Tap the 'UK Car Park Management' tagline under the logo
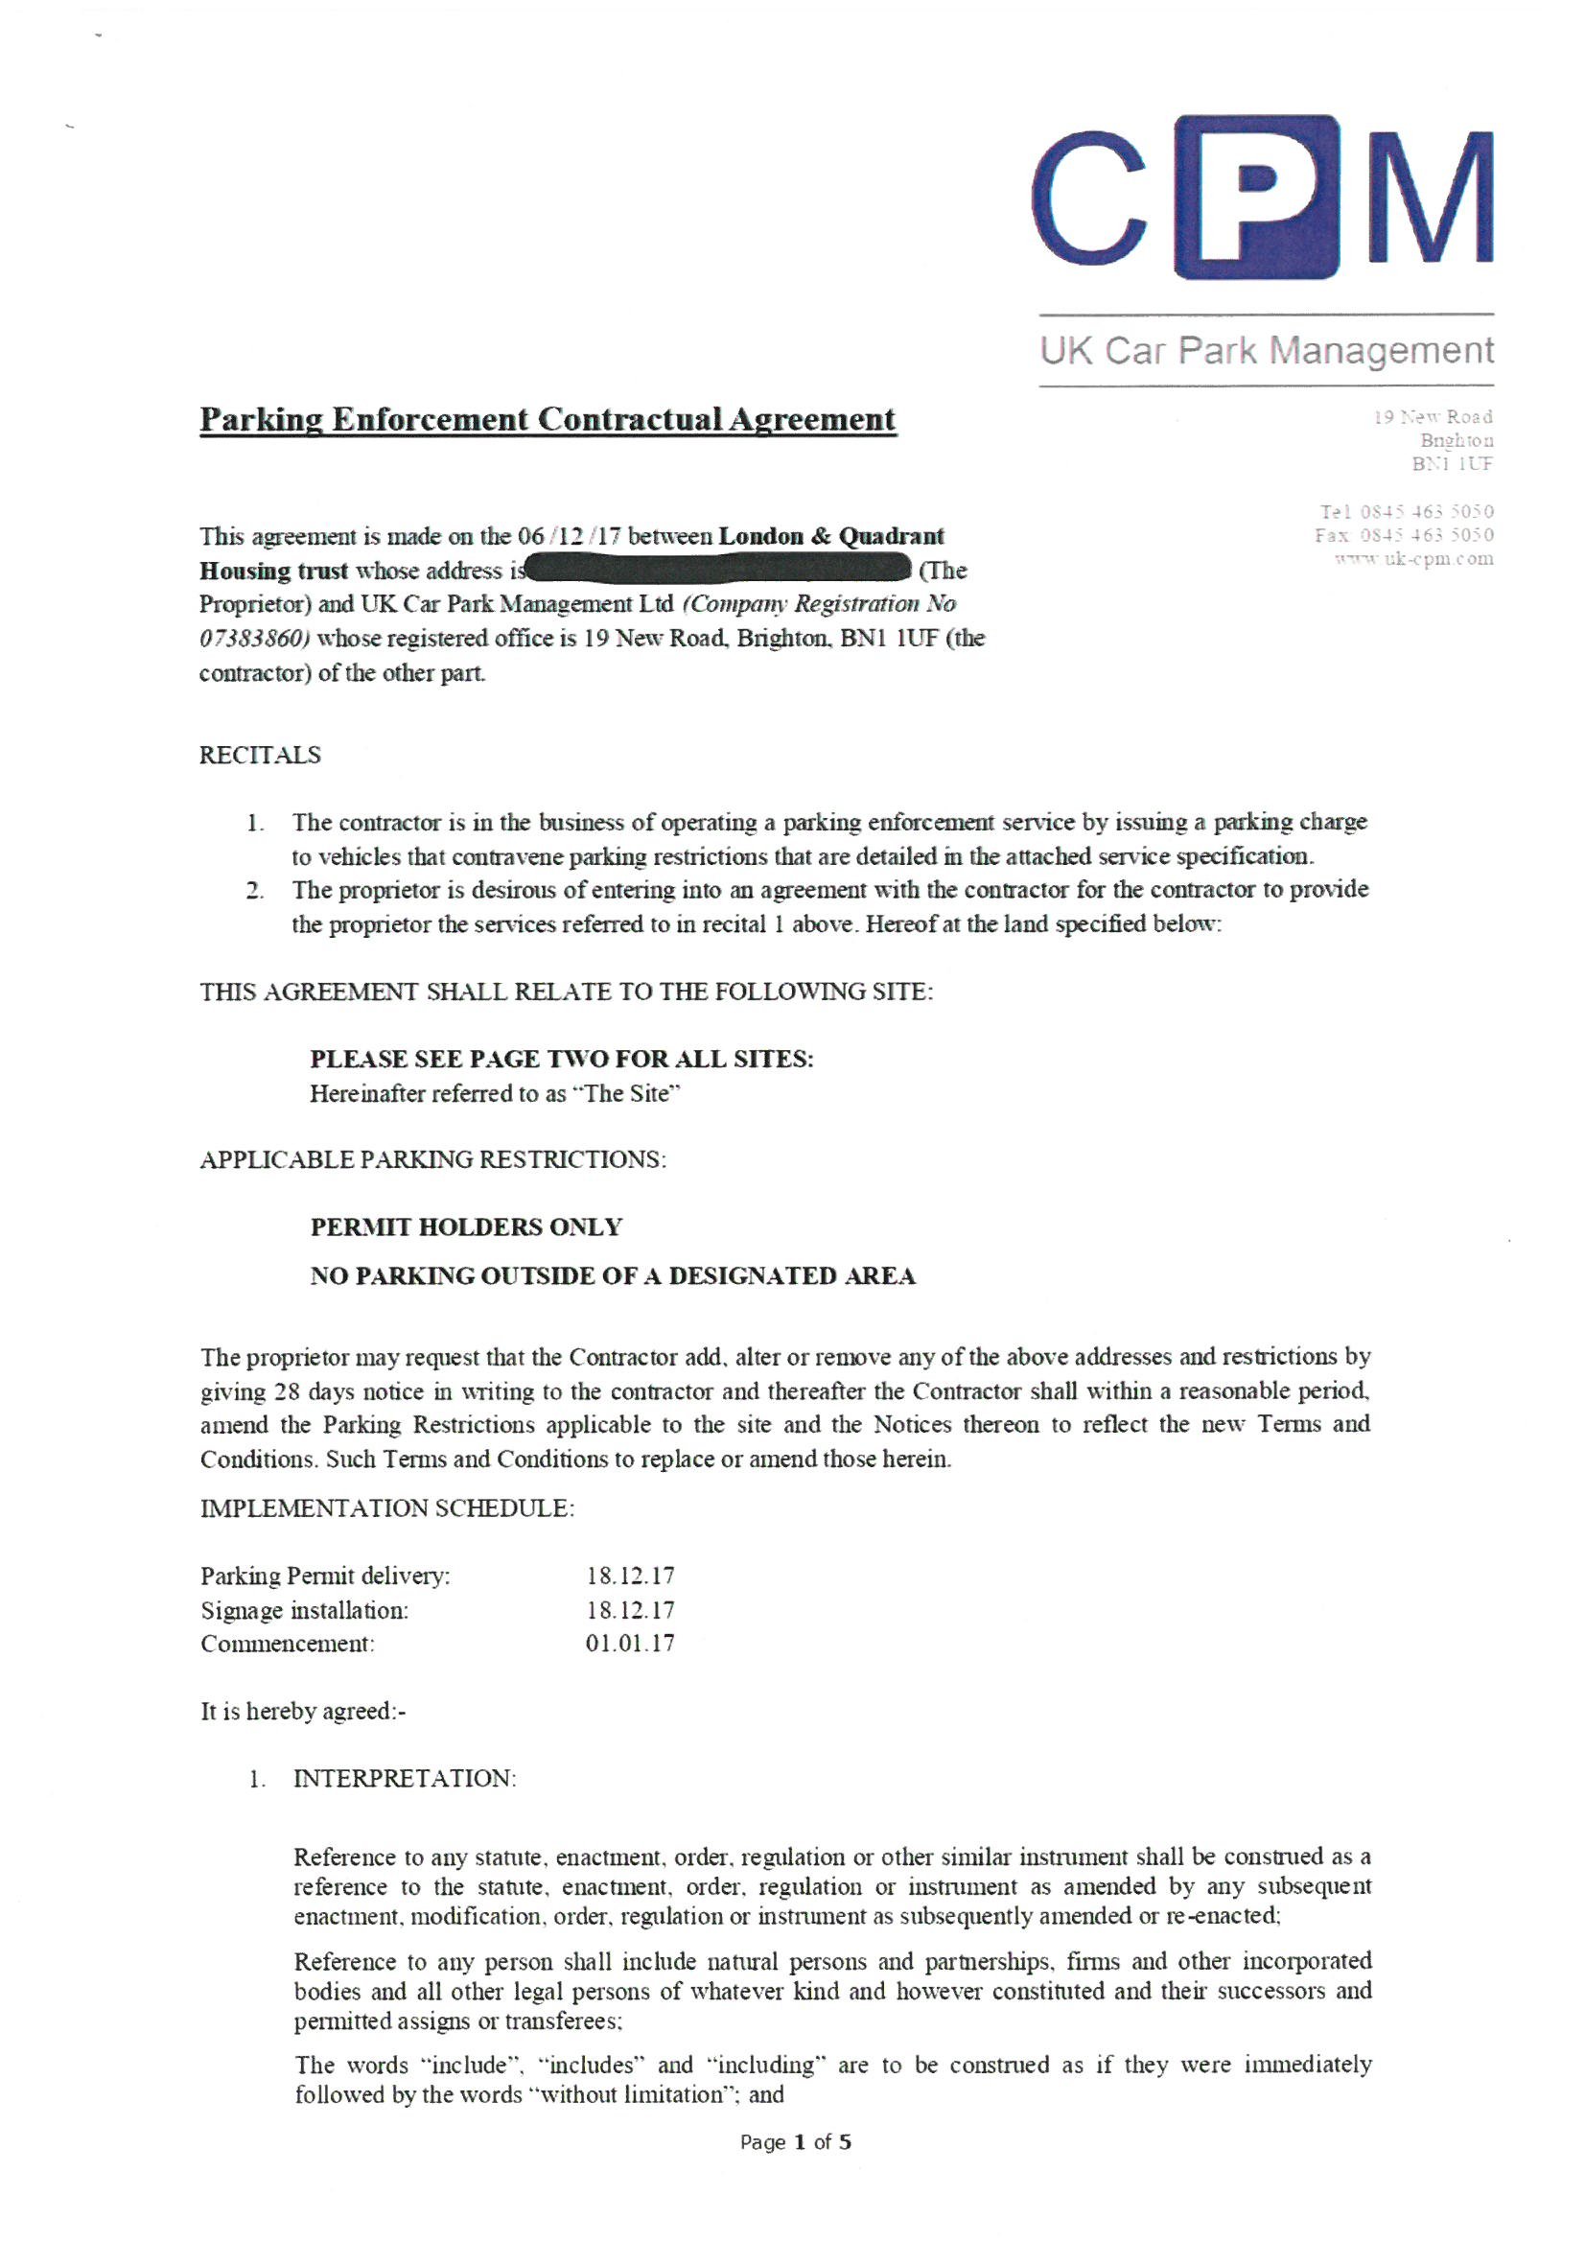[1266, 351]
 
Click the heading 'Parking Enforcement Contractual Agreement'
[547, 420]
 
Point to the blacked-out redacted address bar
[718, 569]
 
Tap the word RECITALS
[260, 755]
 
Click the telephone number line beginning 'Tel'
[1407, 512]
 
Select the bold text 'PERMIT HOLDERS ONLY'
[466, 1227]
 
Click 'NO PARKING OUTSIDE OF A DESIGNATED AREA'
[613, 1276]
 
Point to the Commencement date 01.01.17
[630, 1644]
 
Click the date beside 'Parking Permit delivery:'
[630, 1576]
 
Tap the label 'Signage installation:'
[305, 1610]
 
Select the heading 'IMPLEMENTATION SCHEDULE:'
[386, 1508]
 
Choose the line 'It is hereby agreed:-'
[303, 1712]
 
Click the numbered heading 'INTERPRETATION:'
[405, 1778]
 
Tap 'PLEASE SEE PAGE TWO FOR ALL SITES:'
[562, 1060]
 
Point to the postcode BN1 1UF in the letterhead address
[1451, 464]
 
